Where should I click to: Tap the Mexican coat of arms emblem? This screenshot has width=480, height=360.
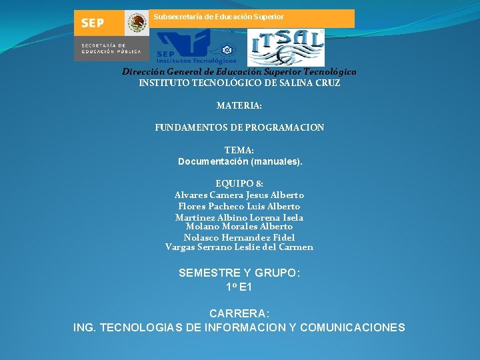(137, 23)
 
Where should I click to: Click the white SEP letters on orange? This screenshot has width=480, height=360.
(93, 23)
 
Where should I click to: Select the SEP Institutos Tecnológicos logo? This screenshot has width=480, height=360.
(196, 48)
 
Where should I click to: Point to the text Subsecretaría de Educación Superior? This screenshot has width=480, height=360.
(219, 17)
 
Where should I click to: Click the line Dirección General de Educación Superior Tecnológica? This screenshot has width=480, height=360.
(239, 71)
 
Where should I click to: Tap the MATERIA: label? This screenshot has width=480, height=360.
(239, 105)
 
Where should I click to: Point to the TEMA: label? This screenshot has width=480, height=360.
(239, 151)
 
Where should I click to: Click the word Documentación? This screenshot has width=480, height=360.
(213, 161)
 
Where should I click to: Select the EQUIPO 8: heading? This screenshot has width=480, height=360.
(239, 183)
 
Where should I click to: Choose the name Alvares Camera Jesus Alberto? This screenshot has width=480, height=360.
(239, 195)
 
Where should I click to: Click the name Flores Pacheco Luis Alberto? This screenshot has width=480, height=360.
(239, 206)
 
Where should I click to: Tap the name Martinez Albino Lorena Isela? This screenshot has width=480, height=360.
(239, 217)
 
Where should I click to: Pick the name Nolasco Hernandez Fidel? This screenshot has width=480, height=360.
(239, 237)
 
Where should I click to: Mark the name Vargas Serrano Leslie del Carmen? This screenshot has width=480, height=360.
(239, 247)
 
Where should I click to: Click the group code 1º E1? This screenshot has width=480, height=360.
(239, 287)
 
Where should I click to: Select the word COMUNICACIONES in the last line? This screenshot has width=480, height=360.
(353, 327)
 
